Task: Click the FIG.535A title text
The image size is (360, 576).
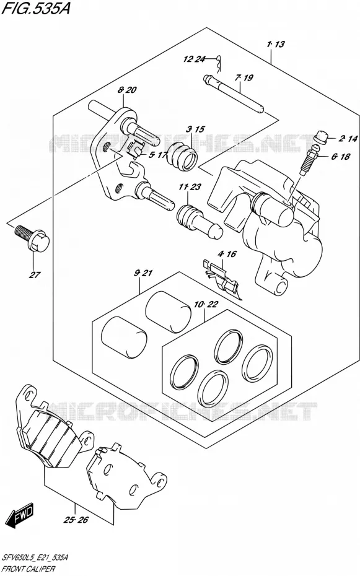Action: pyautogui.click(x=36, y=8)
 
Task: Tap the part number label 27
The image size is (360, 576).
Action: pyautogui.click(x=35, y=274)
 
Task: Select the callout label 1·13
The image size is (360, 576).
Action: pyautogui.click(x=276, y=44)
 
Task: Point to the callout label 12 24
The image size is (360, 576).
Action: pyautogui.click(x=194, y=59)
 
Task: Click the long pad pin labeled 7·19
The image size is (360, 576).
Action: pyautogui.click(x=234, y=94)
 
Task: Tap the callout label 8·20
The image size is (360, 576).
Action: pyautogui.click(x=127, y=90)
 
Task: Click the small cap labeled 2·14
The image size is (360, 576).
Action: pyautogui.click(x=322, y=137)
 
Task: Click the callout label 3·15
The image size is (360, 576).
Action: pyautogui.click(x=195, y=129)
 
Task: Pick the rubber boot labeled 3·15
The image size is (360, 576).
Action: pyautogui.click(x=182, y=155)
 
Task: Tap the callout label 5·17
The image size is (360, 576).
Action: pyautogui.click(x=158, y=155)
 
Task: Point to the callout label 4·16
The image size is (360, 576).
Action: pyautogui.click(x=227, y=254)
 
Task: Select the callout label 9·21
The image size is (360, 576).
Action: pyautogui.click(x=143, y=273)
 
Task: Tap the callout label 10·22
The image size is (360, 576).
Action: pyautogui.click(x=206, y=304)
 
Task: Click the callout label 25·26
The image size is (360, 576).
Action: pyautogui.click(x=76, y=520)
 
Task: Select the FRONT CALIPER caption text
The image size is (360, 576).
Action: pyautogui.click(x=29, y=569)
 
